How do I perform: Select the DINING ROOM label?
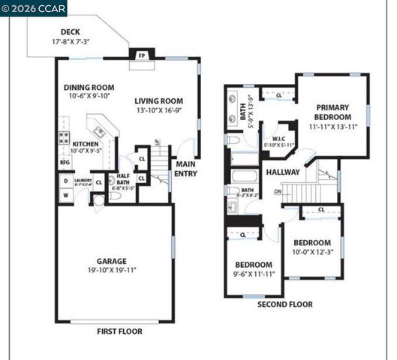pyautogui.click(x=89, y=87)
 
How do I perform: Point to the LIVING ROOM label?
pyautogui.click(x=159, y=101)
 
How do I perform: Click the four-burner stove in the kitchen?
pyautogui.click(x=64, y=139)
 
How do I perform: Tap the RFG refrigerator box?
pyautogui.click(x=64, y=161)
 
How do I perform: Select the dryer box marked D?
pyautogui.click(x=65, y=181)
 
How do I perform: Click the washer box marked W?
pyautogui.click(x=65, y=196)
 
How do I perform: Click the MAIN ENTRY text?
pyautogui.click(x=186, y=168)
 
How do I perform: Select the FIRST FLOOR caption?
pyautogui.click(x=119, y=331)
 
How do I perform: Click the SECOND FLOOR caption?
pyautogui.click(x=284, y=304)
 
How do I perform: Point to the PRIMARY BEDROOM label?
pyautogui.click(x=332, y=112)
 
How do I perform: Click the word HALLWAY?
pyautogui.click(x=283, y=172)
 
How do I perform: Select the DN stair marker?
pyautogui.click(x=278, y=191)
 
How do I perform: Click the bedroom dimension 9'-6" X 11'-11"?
pyautogui.click(x=253, y=274)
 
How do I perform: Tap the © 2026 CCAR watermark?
pyautogui.click(x=34, y=8)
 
